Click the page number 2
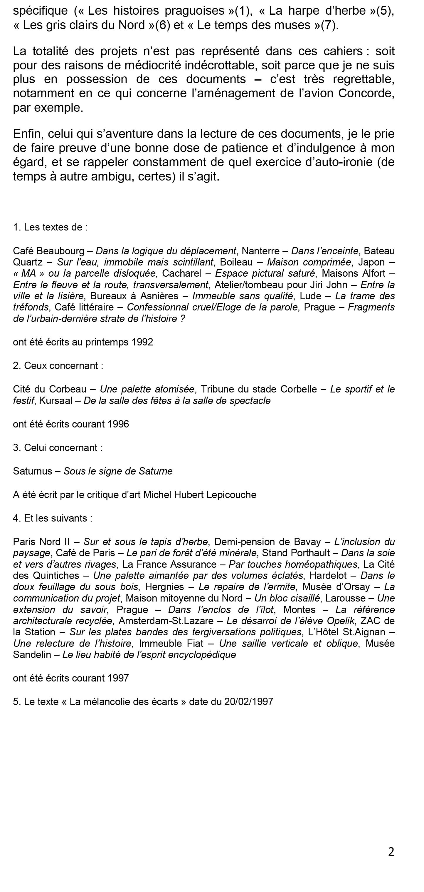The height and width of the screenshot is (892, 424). (391, 851)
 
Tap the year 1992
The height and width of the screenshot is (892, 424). (142, 342)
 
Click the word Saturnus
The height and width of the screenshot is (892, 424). (32, 471)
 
